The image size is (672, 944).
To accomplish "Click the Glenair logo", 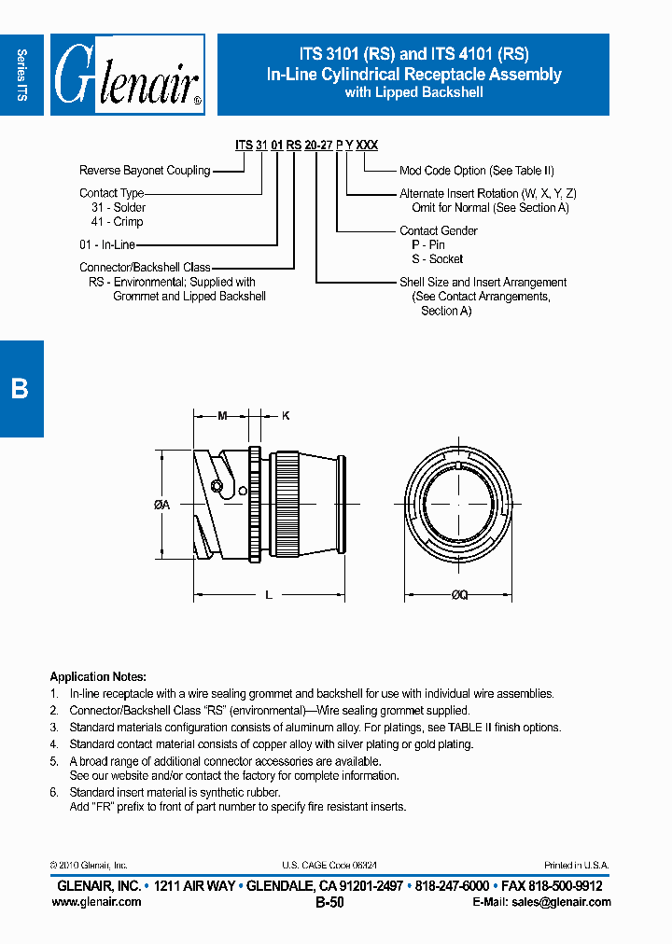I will [127, 76].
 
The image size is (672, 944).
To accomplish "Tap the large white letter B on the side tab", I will [20, 389].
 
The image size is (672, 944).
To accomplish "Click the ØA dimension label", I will [161, 505].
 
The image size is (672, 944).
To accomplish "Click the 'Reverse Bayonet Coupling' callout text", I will [145, 171].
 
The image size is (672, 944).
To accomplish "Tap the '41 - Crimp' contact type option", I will [117, 222].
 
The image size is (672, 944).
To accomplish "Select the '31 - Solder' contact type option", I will [119, 207].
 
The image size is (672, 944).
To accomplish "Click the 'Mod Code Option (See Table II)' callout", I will [476, 171].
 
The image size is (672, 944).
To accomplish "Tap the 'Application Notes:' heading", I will [98, 677].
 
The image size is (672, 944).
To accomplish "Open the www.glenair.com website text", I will [100, 902].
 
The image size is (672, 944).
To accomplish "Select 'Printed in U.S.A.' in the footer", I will [576, 866].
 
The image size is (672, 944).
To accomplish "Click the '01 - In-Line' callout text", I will [107, 244].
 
